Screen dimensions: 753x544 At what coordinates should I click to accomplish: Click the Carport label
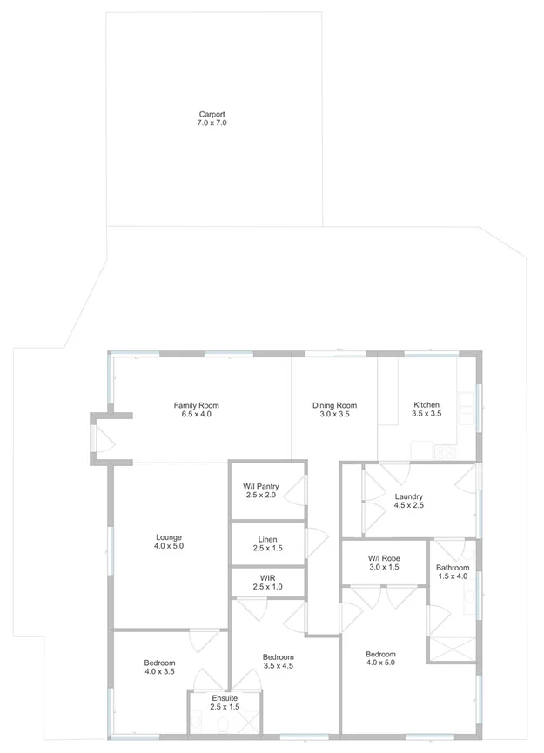[x=212, y=115]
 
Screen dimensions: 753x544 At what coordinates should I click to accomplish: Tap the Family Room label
[x=196, y=405]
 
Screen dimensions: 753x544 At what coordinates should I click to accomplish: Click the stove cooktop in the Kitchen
[x=445, y=451]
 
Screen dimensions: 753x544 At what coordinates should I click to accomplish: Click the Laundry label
[x=408, y=496]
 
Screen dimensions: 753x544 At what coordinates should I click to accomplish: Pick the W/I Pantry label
[x=260, y=485]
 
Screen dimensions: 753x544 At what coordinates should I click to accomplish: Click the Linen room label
[x=267, y=539]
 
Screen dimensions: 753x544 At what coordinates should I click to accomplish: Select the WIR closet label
[x=267, y=577]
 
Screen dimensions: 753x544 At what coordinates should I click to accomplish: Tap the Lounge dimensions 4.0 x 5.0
[x=168, y=546]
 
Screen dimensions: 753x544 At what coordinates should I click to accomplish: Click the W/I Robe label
[x=383, y=557]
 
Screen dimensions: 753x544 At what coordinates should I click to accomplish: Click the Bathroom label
[x=452, y=568]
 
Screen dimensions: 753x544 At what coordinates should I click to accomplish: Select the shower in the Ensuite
[x=248, y=721]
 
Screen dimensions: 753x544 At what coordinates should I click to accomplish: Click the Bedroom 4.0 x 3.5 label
[x=159, y=663]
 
